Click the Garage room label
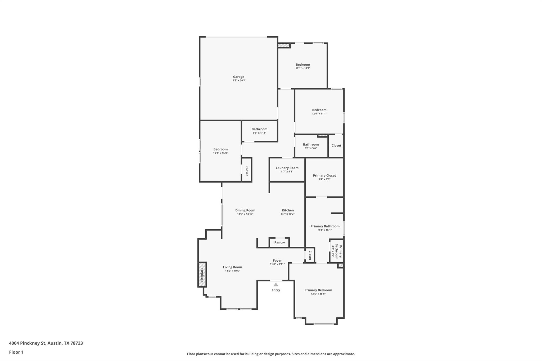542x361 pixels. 238,77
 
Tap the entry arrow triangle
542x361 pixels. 276,285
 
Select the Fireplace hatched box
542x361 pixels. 202,275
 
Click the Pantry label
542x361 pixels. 279,243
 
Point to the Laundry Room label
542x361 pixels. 287,168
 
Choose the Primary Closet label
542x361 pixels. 324,175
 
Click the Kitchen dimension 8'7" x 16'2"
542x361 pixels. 288,214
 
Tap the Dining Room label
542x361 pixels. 245,210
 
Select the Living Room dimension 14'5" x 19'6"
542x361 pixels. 232,271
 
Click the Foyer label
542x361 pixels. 277,261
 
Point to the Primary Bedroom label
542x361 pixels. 318,290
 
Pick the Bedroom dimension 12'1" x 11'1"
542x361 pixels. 303,68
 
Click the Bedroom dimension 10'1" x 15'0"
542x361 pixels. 220,153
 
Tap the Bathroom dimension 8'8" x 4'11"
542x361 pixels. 259,133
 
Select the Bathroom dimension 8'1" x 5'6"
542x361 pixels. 311,148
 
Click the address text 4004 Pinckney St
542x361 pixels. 28,343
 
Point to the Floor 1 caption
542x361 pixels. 16,352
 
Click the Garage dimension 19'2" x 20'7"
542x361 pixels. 238,80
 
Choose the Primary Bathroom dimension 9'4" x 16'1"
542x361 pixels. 325,230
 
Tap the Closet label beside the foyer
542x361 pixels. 310,255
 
